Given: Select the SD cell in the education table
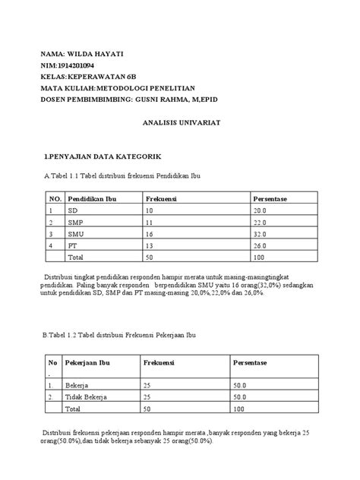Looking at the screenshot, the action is [x=73, y=210].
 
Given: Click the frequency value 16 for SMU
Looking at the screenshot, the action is [x=149, y=235].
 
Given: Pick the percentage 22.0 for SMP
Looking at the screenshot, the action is [x=260, y=223].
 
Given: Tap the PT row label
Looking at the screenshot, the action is [x=72, y=246].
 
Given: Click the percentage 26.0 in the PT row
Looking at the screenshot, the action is [x=260, y=246].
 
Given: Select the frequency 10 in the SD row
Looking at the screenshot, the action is [x=149, y=210].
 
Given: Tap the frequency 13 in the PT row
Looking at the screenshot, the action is [x=149, y=246].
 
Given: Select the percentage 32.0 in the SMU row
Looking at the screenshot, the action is [x=260, y=235].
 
